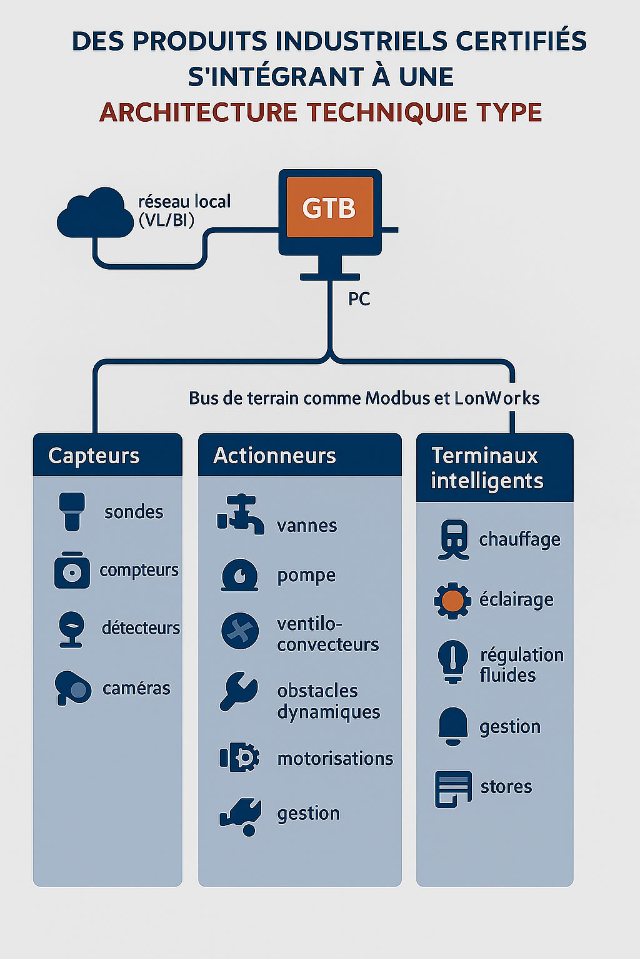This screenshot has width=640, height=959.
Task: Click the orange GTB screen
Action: point(329,207)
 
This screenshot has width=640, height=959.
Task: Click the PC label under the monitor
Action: point(359,299)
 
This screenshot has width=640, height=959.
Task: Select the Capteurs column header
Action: point(94,456)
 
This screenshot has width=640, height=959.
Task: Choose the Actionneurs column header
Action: point(275,456)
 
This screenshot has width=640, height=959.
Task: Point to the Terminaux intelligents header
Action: point(487,468)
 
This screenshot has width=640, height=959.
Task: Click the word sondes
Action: point(134,512)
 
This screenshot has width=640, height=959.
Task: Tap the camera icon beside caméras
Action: point(72,688)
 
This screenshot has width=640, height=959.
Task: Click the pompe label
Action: point(306,576)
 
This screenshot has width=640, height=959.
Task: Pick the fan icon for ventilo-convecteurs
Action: point(240,631)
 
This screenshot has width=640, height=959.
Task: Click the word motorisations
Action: point(335,759)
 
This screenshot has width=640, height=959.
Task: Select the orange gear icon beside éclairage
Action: point(452,601)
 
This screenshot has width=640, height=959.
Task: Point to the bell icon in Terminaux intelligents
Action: point(452,725)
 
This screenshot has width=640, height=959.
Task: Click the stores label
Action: point(506,787)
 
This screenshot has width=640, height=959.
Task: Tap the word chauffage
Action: point(519,539)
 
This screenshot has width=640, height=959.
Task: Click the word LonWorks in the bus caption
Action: point(497,398)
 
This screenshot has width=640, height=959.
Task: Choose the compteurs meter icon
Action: point(72,571)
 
